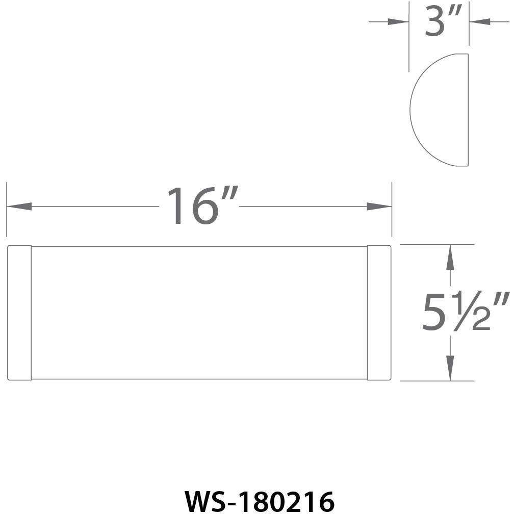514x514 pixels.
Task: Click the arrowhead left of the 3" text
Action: click(x=398, y=22)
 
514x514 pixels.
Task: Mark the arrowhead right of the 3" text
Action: click(x=479, y=22)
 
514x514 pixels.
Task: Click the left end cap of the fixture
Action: click(x=19, y=313)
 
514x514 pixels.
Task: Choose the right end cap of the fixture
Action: click(x=379, y=313)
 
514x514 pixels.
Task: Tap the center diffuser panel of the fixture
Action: click(x=199, y=313)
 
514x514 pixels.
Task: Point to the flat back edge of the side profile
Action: click(x=468, y=110)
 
